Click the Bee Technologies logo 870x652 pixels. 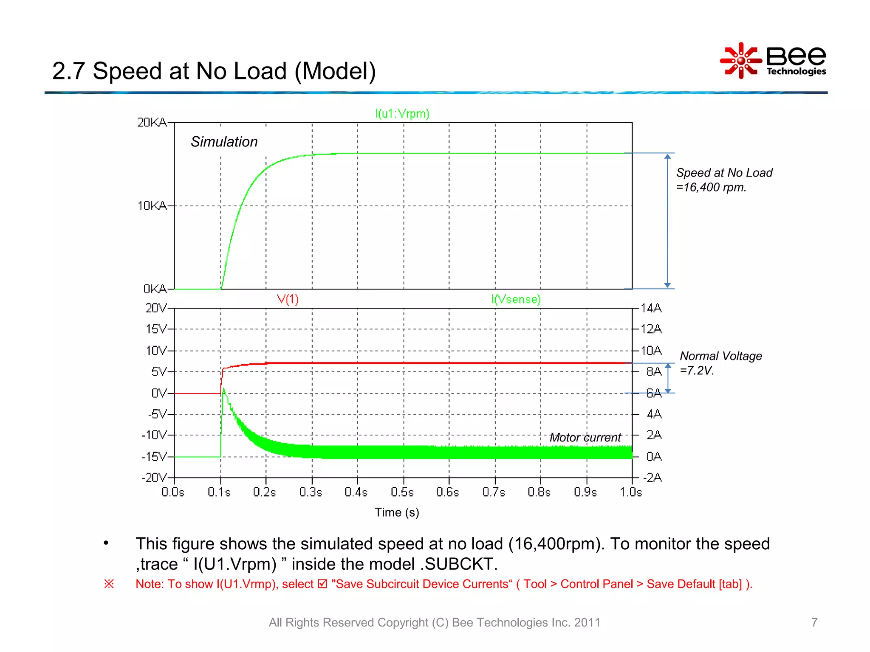773,61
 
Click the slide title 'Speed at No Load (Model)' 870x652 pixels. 214,71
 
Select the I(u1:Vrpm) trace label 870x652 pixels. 402,114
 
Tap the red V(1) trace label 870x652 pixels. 288,299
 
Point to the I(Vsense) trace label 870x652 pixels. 516,299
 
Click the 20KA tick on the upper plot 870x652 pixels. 152,123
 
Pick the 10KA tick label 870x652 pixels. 152,206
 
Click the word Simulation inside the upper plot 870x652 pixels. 224,142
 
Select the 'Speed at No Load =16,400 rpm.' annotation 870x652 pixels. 724,180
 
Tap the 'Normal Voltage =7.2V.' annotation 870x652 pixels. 720,363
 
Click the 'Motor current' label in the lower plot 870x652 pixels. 585,438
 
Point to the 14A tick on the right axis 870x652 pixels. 651,308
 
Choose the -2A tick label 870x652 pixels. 652,478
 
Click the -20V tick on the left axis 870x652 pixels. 154,478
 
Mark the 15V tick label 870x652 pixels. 156,329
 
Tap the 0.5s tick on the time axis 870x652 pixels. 402,492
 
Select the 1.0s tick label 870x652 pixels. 631,492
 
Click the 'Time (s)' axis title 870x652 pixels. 397,512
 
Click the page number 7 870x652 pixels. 814,622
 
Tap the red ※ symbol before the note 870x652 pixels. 109,584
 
